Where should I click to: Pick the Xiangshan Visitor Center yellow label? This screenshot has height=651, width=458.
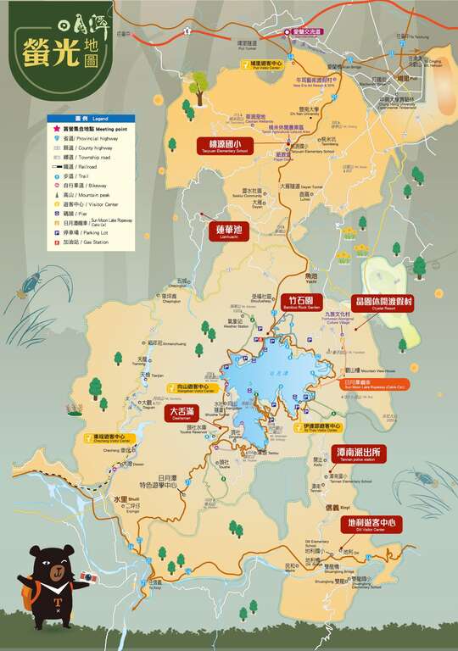coord(196,388)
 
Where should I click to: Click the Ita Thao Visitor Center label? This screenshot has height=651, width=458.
coord(321,428)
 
